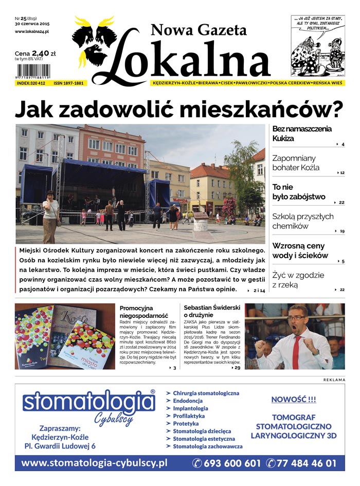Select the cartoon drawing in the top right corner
317,46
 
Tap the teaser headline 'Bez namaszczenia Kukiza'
302,134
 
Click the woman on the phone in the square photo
50,214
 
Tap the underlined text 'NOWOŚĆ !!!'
294,399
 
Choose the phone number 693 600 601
226,463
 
